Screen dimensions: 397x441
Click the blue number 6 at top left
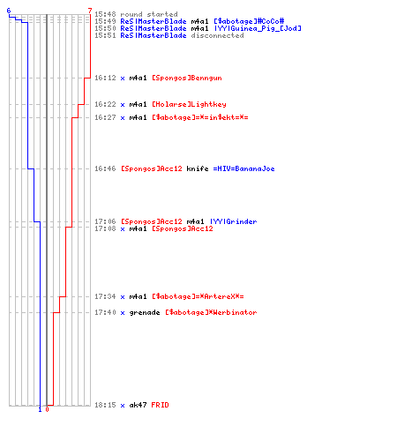(9, 11)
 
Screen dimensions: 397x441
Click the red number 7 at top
(90, 11)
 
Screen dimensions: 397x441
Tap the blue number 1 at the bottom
(40, 409)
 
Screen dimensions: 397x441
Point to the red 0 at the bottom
(47, 409)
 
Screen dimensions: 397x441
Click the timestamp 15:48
(105, 14)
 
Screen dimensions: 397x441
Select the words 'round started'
(149, 14)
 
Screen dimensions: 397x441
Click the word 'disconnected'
(217, 35)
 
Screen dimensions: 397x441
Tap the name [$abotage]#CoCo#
(249, 21)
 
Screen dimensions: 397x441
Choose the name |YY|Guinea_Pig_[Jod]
(258, 28)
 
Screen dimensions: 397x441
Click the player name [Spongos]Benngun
(187, 78)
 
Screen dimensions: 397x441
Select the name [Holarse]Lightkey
(189, 104)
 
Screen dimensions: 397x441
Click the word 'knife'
(198, 168)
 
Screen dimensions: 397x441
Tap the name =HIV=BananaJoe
(243, 168)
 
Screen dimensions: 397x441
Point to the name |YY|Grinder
(233, 221)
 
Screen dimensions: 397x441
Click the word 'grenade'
(145, 312)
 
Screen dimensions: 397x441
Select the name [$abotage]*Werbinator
(211, 312)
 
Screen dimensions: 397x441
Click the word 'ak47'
(138, 405)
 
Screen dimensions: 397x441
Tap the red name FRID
(160, 405)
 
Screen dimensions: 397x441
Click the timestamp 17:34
(105, 296)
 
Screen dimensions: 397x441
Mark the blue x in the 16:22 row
(123, 105)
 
